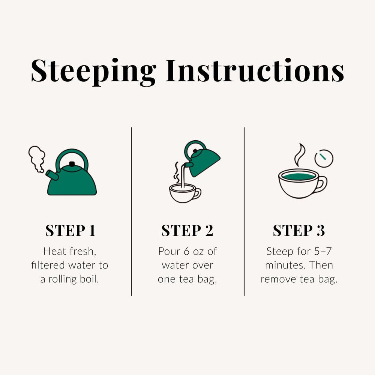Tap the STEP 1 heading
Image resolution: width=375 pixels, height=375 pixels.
pyautogui.click(x=70, y=231)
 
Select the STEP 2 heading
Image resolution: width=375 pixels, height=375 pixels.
pyautogui.click(x=187, y=231)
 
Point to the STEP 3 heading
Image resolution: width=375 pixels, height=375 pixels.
pyautogui.click(x=299, y=231)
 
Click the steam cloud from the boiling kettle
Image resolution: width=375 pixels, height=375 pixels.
pyautogui.click(x=37, y=159)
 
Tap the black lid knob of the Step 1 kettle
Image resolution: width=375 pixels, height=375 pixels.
pyautogui.click(x=72, y=164)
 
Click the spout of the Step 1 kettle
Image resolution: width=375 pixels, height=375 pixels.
pyautogui.click(x=52, y=175)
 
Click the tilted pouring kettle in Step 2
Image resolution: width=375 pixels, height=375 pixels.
pyautogui.click(x=202, y=160)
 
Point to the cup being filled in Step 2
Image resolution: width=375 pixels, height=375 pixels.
pyautogui.click(x=184, y=193)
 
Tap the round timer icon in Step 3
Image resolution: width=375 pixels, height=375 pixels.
pyautogui.click(x=324, y=158)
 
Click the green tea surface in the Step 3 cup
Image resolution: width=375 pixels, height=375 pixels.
pyautogui.click(x=299, y=177)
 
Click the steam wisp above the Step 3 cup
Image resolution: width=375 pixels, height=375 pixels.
pyautogui.click(x=300, y=155)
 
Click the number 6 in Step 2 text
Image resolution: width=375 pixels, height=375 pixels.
pyautogui.click(x=186, y=251)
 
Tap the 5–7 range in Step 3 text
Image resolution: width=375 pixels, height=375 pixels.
pyautogui.click(x=323, y=251)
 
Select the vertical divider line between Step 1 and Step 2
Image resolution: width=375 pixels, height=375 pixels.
pyautogui.click(x=131, y=211)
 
